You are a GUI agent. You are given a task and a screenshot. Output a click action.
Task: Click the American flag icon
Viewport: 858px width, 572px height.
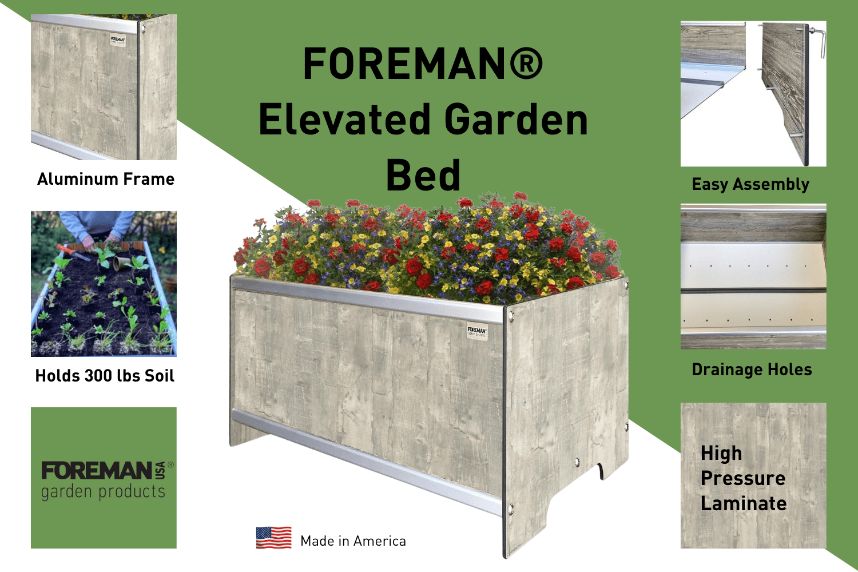tap(273, 538)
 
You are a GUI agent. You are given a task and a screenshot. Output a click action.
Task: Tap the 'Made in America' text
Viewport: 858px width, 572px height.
tap(353, 541)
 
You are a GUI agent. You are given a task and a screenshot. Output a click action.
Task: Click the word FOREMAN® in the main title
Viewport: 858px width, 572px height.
tap(423, 63)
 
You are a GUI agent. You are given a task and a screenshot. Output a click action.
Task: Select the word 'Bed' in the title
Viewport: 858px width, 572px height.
tap(423, 175)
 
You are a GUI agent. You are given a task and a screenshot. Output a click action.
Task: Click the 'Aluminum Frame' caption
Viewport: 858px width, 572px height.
tap(106, 179)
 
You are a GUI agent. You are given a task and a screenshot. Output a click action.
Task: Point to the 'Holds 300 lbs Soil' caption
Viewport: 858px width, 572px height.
tap(105, 376)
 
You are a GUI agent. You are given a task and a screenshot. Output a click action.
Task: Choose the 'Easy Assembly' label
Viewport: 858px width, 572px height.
tap(750, 184)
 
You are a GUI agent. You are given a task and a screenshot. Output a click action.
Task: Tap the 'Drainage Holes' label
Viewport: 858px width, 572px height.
tap(752, 370)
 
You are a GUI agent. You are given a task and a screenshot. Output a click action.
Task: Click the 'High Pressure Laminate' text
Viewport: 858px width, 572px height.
tap(743, 478)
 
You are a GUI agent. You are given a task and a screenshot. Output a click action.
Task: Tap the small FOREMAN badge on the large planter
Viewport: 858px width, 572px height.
tap(476, 332)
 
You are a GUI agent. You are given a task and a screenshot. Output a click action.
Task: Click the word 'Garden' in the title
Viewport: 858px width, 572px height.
tap(516, 120)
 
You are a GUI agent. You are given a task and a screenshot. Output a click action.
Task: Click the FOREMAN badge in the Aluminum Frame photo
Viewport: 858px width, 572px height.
tap(117, 41)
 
